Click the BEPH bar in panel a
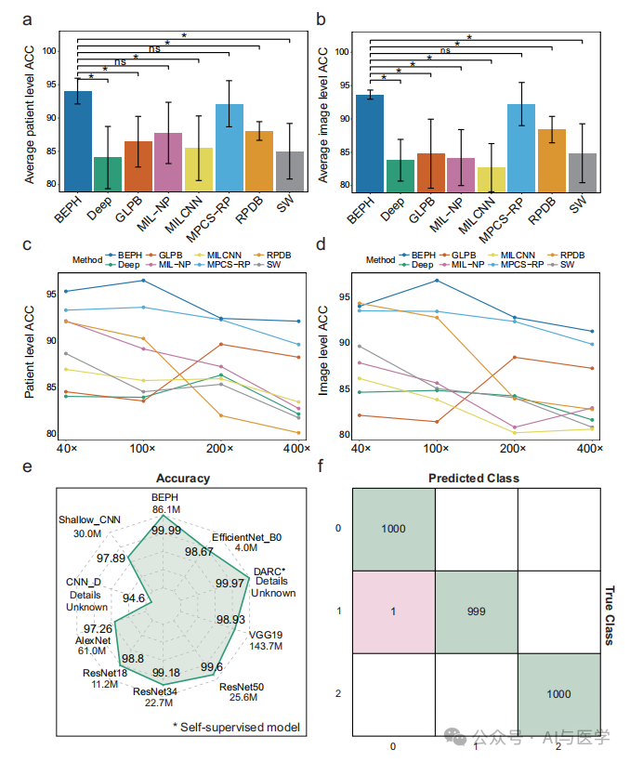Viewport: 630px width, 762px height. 78,139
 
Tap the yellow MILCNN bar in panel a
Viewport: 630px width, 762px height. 199,168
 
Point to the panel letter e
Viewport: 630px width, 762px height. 27,470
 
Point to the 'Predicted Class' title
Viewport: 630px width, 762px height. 473,478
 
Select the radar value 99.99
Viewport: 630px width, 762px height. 167,530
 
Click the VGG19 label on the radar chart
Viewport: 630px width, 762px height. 261,634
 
